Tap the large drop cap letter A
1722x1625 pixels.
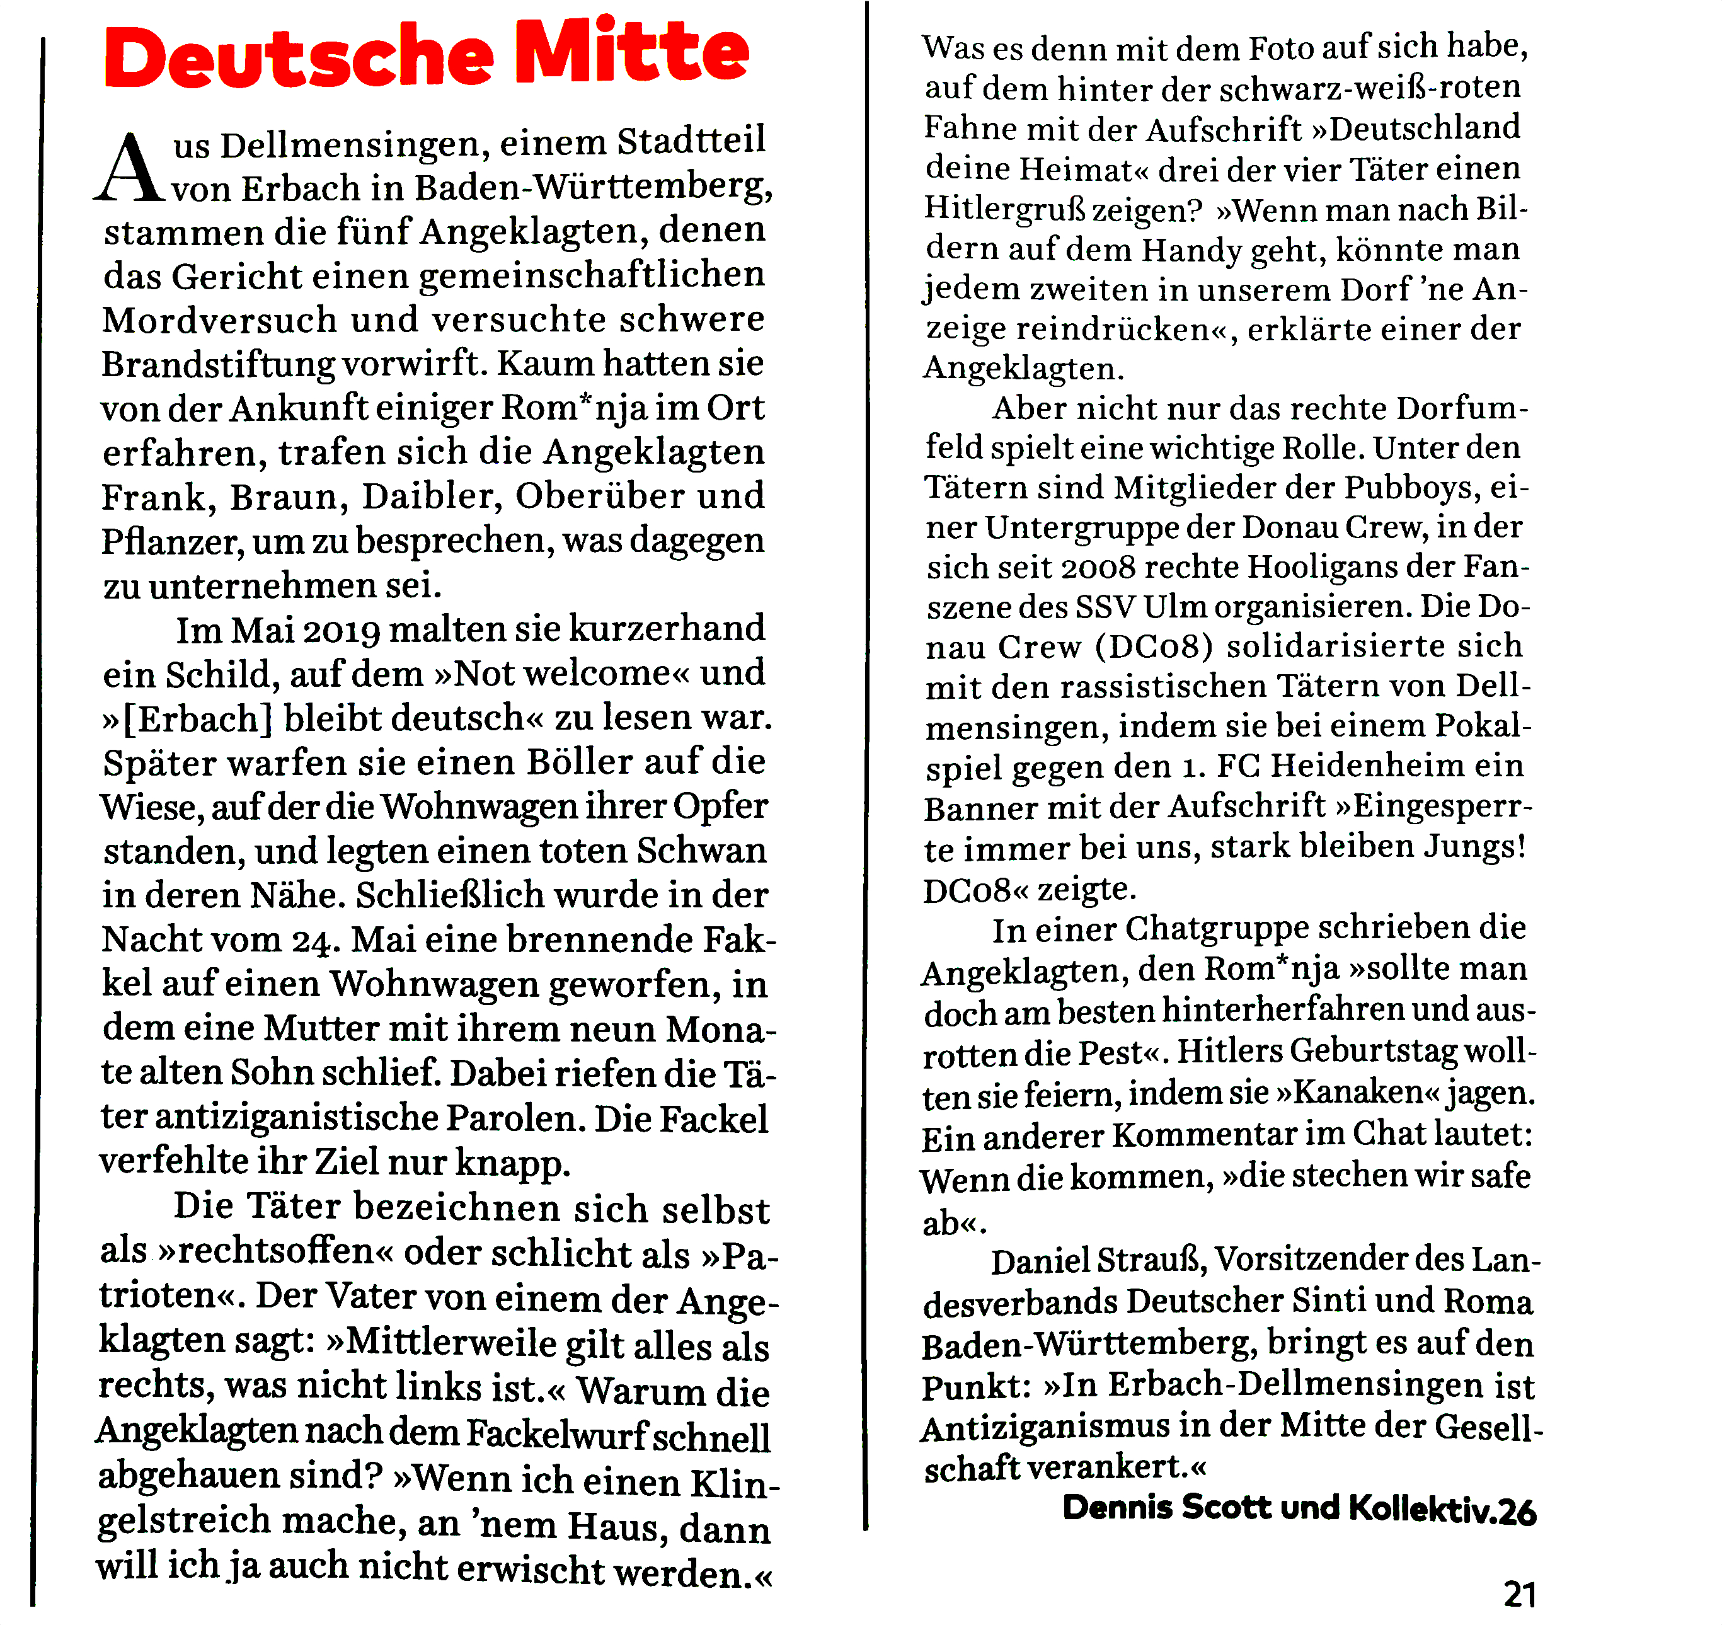pyautogui.click(x=130, y=169)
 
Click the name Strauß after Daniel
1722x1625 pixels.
pyautogui.click(x=1152, y=1260)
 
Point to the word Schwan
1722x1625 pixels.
pyautogui.click(x=702, y=851)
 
